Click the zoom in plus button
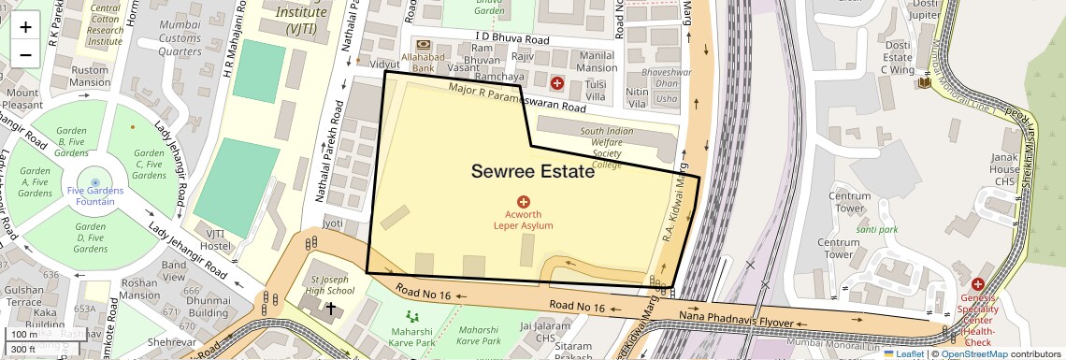click(x=25, y=27)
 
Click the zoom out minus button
click(x=25, y=54)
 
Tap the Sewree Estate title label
click(x=532, y=172)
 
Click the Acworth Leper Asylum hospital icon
click(x=524, y=202)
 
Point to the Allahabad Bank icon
click(x=424, y=45)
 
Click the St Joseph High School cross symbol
click(x=330, y=308)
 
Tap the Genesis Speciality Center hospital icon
click(x=978, y=284)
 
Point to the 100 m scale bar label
click(x=24, y=335)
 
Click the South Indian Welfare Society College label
click(x=607, y=148)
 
